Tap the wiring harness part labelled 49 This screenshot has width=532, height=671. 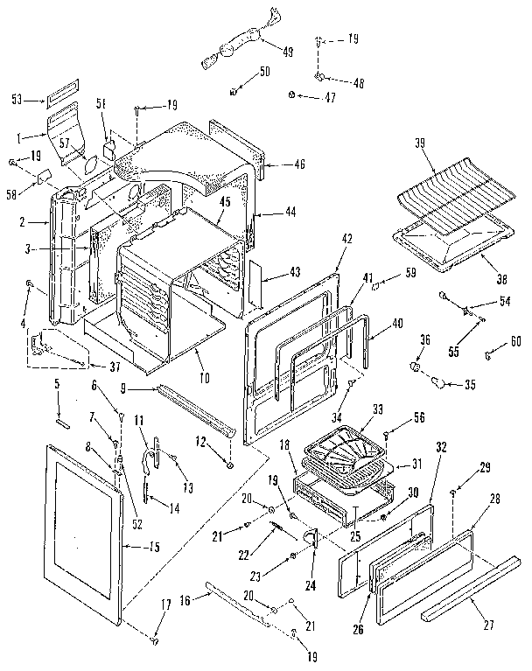(x=232, y=45)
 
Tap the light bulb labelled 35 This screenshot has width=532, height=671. (x=439, y=380)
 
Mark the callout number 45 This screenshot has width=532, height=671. (x=224, y=201)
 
